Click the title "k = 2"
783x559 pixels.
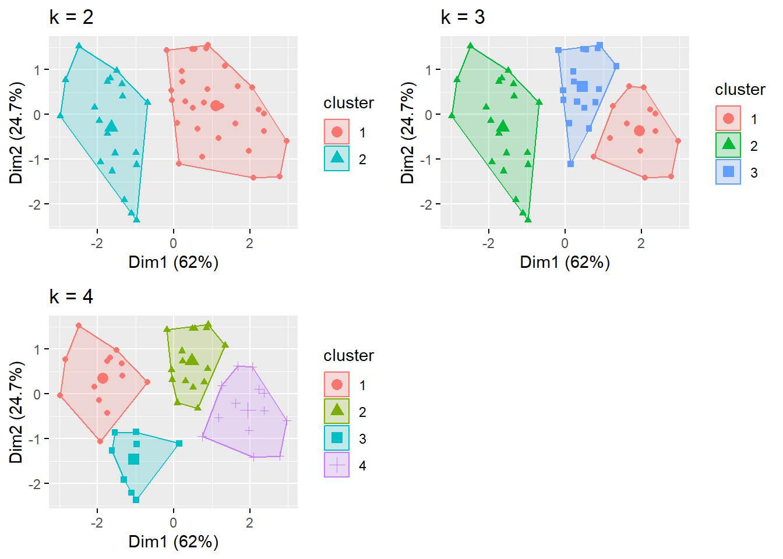tap(71, 17)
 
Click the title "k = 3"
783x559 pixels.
tap(463, 17)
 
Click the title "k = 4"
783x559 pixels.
tap(71, 296)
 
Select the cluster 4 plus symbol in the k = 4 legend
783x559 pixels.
tap(337, 465)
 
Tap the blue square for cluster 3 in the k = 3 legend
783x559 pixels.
tap(728, 172)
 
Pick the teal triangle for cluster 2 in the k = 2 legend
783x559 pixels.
tap(337, 158)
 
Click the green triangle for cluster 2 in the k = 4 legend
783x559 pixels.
tap(337, 411)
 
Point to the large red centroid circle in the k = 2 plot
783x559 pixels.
tap(216, 105)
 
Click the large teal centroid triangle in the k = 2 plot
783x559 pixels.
tap(112, 126)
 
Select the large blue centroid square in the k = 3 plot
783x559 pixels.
tap(582, 87)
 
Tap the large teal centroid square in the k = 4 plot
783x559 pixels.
tap(134, 459)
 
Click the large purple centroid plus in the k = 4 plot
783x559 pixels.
tap(249, 411)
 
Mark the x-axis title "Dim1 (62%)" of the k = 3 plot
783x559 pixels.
tap(565, 262)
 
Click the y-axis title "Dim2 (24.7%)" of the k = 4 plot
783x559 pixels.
tap(16, 412)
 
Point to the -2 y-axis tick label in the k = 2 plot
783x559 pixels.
tap(36, 204)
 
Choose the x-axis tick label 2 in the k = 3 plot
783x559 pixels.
tap(641, 243)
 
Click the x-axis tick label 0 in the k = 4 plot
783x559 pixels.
tap(173, 523)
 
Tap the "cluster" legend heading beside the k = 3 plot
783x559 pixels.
tap(740, 89)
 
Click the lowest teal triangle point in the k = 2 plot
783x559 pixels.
tap(136, 220)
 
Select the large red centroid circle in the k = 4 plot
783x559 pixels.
tap(103, 378)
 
